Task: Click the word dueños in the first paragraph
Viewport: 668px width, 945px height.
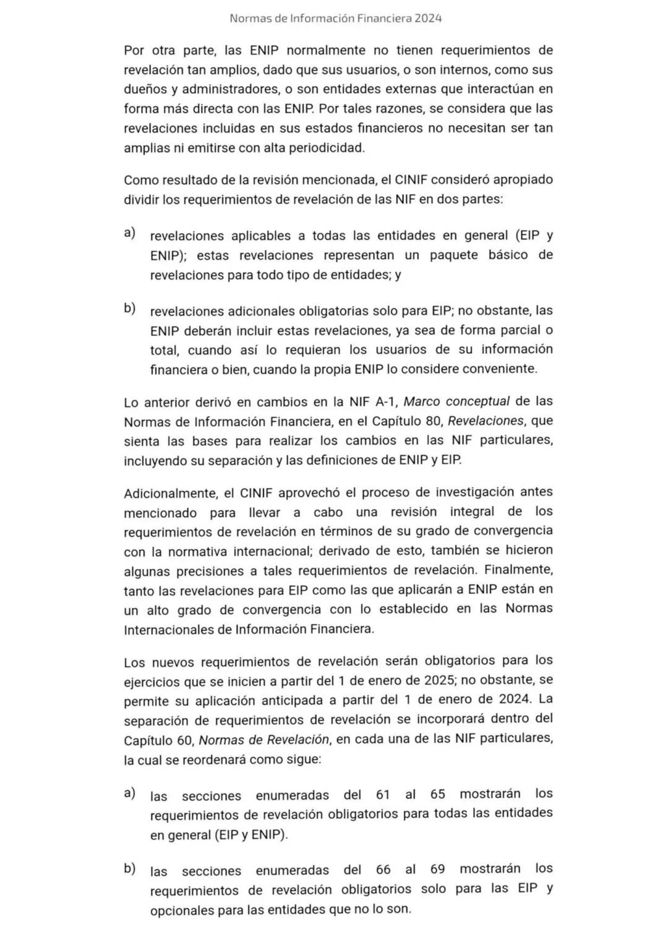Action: pyautogui.click(x=147, y=89)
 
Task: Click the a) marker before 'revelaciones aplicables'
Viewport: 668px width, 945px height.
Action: pyautogui.click(x=129, y=233)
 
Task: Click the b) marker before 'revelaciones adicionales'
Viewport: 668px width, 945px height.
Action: pyautogui.click(x=129, y=308)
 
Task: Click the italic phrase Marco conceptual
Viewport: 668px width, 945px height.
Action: pyautogui.click(x=456, y=401)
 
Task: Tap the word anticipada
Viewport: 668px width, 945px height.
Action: pyautogui.click(x=298, y=701)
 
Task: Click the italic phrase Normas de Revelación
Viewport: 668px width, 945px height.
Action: pyautogui.click(x=263, y=740)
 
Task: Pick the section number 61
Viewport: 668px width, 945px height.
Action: pyautogui.click(x=383, y=795)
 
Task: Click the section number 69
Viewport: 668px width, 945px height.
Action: pyautogui.click(x=437, y=869)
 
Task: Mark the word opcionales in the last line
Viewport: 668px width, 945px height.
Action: pyautogui.click(x=182, y=910)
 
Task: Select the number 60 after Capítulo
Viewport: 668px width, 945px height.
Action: pyautogui.click(x=184, y=740)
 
